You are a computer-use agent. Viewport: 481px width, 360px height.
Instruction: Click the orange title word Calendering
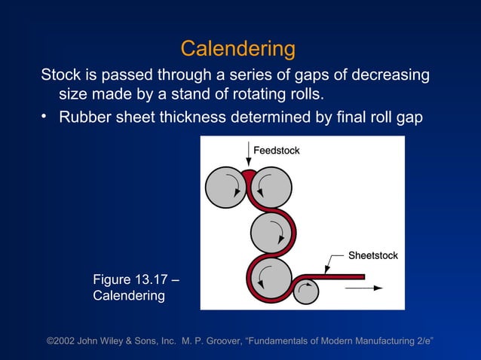[237, 50]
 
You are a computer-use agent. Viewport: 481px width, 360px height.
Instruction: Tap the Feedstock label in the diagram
[276, 151]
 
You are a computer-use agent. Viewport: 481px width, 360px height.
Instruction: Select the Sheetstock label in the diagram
[372, 256]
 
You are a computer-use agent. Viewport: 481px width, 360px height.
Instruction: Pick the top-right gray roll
[271, 188]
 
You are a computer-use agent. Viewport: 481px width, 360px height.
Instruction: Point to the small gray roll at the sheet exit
[305, 291]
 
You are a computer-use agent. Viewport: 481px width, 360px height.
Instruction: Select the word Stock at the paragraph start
[60, 75]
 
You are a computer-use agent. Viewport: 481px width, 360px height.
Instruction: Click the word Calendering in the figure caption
[129, 296]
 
